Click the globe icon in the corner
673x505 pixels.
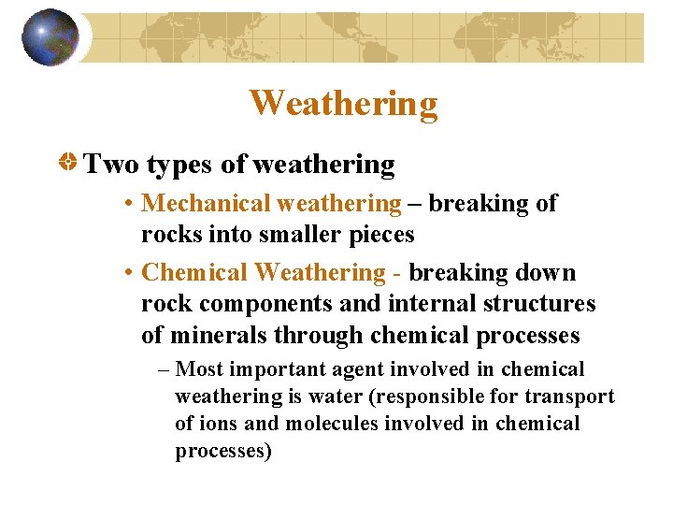50,36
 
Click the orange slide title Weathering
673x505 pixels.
343,104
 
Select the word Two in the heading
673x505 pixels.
111,166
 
